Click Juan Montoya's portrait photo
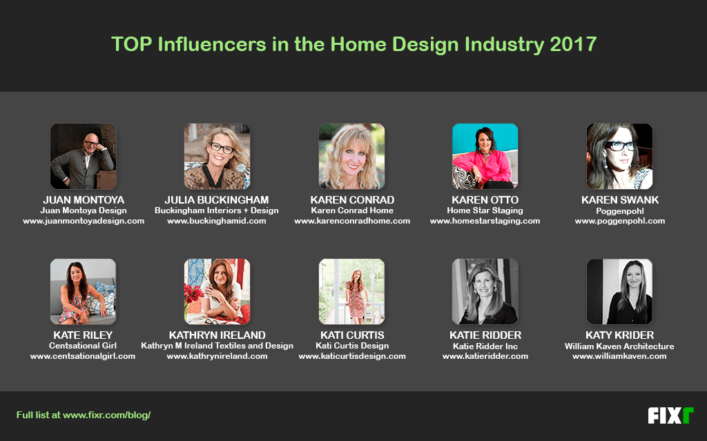click(83, 157)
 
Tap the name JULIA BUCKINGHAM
click(217, 200)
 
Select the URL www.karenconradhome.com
click(352, 222)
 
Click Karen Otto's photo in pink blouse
click(485, 157)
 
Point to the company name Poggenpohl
click(620, 210)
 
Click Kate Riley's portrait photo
click(83, 291)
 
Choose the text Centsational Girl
click(83, 346)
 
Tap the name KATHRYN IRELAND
click(217, 335)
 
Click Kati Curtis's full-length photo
click(351, 291)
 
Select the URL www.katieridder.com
click(485, 357)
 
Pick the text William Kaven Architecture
click(619, 346)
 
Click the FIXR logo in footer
click(670, 415)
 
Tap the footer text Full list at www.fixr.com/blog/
click(84, 415)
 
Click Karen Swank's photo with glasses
click(619, 157)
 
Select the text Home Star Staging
click(485, 210)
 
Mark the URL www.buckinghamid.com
click(217, 222)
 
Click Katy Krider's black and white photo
click(619, 291)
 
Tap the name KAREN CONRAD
click(352, 200)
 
